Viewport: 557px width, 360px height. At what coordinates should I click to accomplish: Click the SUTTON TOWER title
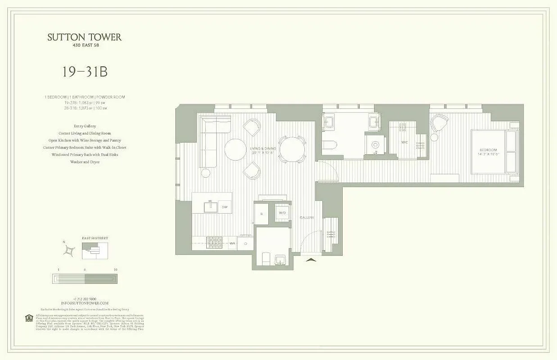pyautogui.click(x=85, y=37)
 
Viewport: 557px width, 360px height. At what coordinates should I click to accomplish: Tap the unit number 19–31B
pyautogui.click(x=85, y=72)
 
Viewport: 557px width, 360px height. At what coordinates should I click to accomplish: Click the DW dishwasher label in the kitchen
pyautogui.click(x=224, y=207)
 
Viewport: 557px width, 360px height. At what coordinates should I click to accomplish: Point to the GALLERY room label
pyautogui.click(x=307, y=218)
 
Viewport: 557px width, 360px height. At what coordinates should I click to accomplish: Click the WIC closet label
pyautogui.click(x=404, y=143)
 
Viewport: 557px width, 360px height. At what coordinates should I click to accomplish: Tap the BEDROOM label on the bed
pyautogui.click(x=488, y=150)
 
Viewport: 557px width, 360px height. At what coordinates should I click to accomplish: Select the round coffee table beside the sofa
pyautogui.click(x=235, y=149)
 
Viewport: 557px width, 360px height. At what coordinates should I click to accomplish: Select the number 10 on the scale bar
pyautogui.click(x=116, y=270)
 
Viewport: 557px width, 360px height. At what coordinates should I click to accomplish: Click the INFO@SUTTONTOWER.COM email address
pyautogui.click(x=85, y=303)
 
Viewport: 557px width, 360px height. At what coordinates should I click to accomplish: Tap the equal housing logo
pyautogui.click(x=29, y=318)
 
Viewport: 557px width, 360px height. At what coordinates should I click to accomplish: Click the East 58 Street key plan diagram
pyautogui.click(x=95, y=251)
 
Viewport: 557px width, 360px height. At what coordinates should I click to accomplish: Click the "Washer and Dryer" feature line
pyautogui.click(x=85, y=162)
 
